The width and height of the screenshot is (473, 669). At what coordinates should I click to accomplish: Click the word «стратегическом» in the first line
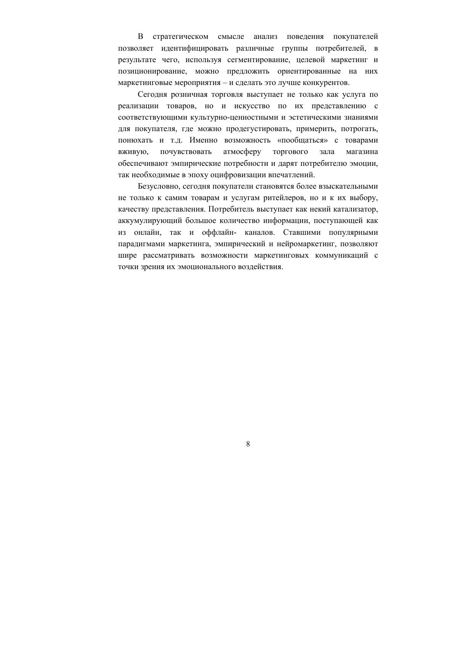pos(180,37)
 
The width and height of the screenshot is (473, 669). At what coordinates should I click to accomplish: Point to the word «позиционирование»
pos(152,71)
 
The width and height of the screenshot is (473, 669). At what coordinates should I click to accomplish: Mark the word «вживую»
pos(133,152)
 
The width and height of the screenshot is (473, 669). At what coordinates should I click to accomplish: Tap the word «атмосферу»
pos(242,152)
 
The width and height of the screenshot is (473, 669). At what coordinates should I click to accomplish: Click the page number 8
pos(248,444)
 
